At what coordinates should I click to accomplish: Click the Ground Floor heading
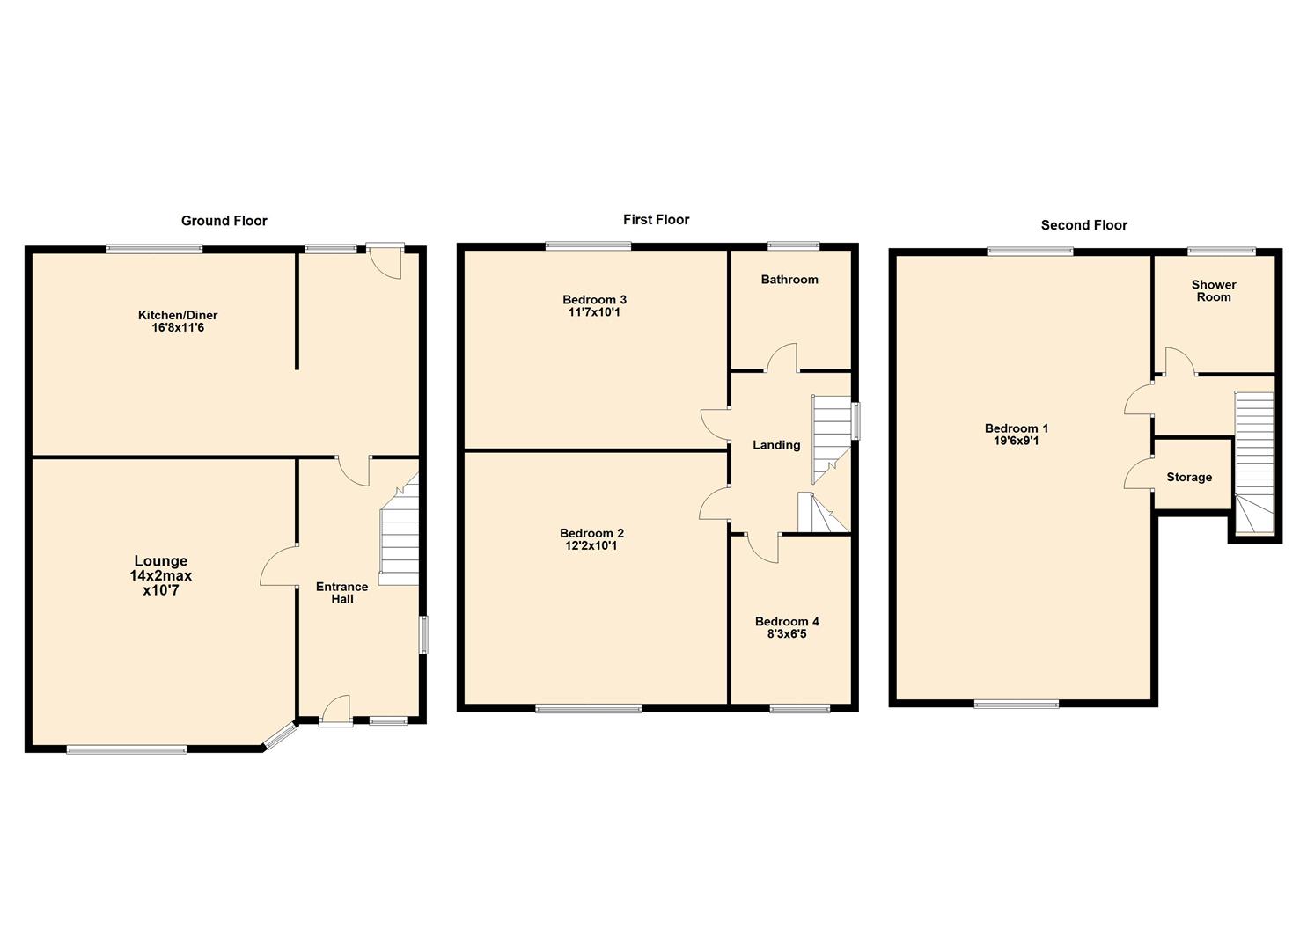[x=224, y=221]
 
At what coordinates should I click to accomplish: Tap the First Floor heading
[x=656, y=220]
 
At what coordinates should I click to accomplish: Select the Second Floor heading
[x=1083, y=225]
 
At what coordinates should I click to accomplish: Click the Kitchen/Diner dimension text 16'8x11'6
[x=178, y=328]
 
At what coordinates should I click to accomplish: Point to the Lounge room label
[x=160, y=561]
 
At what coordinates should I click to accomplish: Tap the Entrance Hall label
[x=341, y=593]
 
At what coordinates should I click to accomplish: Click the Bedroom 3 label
[x=594, y=300]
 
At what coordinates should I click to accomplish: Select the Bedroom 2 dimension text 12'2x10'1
[x=591, y=546]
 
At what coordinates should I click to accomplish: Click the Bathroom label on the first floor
[x=789, y=280]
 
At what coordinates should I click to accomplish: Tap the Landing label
[x=775, y=445]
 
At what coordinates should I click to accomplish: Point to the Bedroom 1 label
[x=1016, y=428]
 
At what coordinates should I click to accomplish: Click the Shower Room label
[x=1213, y=291]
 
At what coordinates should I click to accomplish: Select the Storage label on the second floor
[x=1188, y=477]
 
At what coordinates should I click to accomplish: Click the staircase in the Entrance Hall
[x=399, y=537]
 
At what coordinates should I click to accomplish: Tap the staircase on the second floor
[x=1253, y=462]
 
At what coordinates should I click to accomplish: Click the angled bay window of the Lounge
[x=281, y=735]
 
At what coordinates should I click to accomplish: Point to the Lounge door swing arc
[x=276, y=566]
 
